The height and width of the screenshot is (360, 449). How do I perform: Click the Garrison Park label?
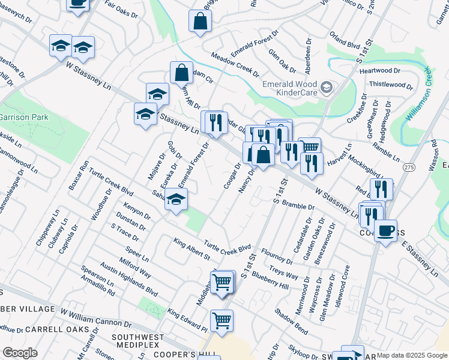coord(24,117)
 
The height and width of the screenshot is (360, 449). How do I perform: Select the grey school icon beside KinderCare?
coord(327,88)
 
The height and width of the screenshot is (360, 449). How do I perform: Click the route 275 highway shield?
coord(409,167)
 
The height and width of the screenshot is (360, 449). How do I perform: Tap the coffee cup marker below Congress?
coord(385,230)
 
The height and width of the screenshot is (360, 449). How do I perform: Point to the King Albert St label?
coord(191,250)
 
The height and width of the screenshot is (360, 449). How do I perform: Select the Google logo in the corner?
coord(20,353)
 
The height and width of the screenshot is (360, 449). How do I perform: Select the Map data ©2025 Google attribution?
coord(412,355)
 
